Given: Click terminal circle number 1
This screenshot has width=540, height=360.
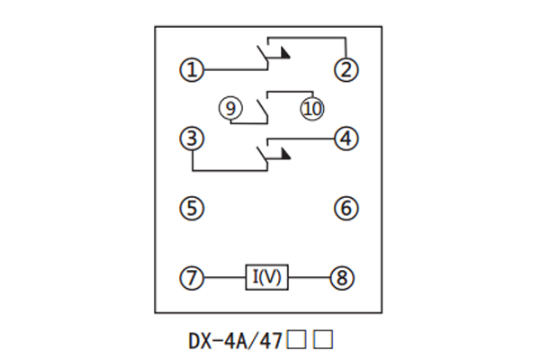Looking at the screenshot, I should [x=192, y=69].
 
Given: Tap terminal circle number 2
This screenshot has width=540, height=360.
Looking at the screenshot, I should [x=346, y=69].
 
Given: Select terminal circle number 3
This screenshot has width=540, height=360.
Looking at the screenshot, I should [x=192, y=139].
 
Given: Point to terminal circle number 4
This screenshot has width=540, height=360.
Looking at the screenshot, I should [x=346, y=139].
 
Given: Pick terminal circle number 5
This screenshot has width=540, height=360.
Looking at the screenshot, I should [x=192, y=209].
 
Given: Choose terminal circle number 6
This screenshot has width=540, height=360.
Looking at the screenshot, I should [x=346, y=209].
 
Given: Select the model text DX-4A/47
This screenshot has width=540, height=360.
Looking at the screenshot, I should [x=235, y=341].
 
